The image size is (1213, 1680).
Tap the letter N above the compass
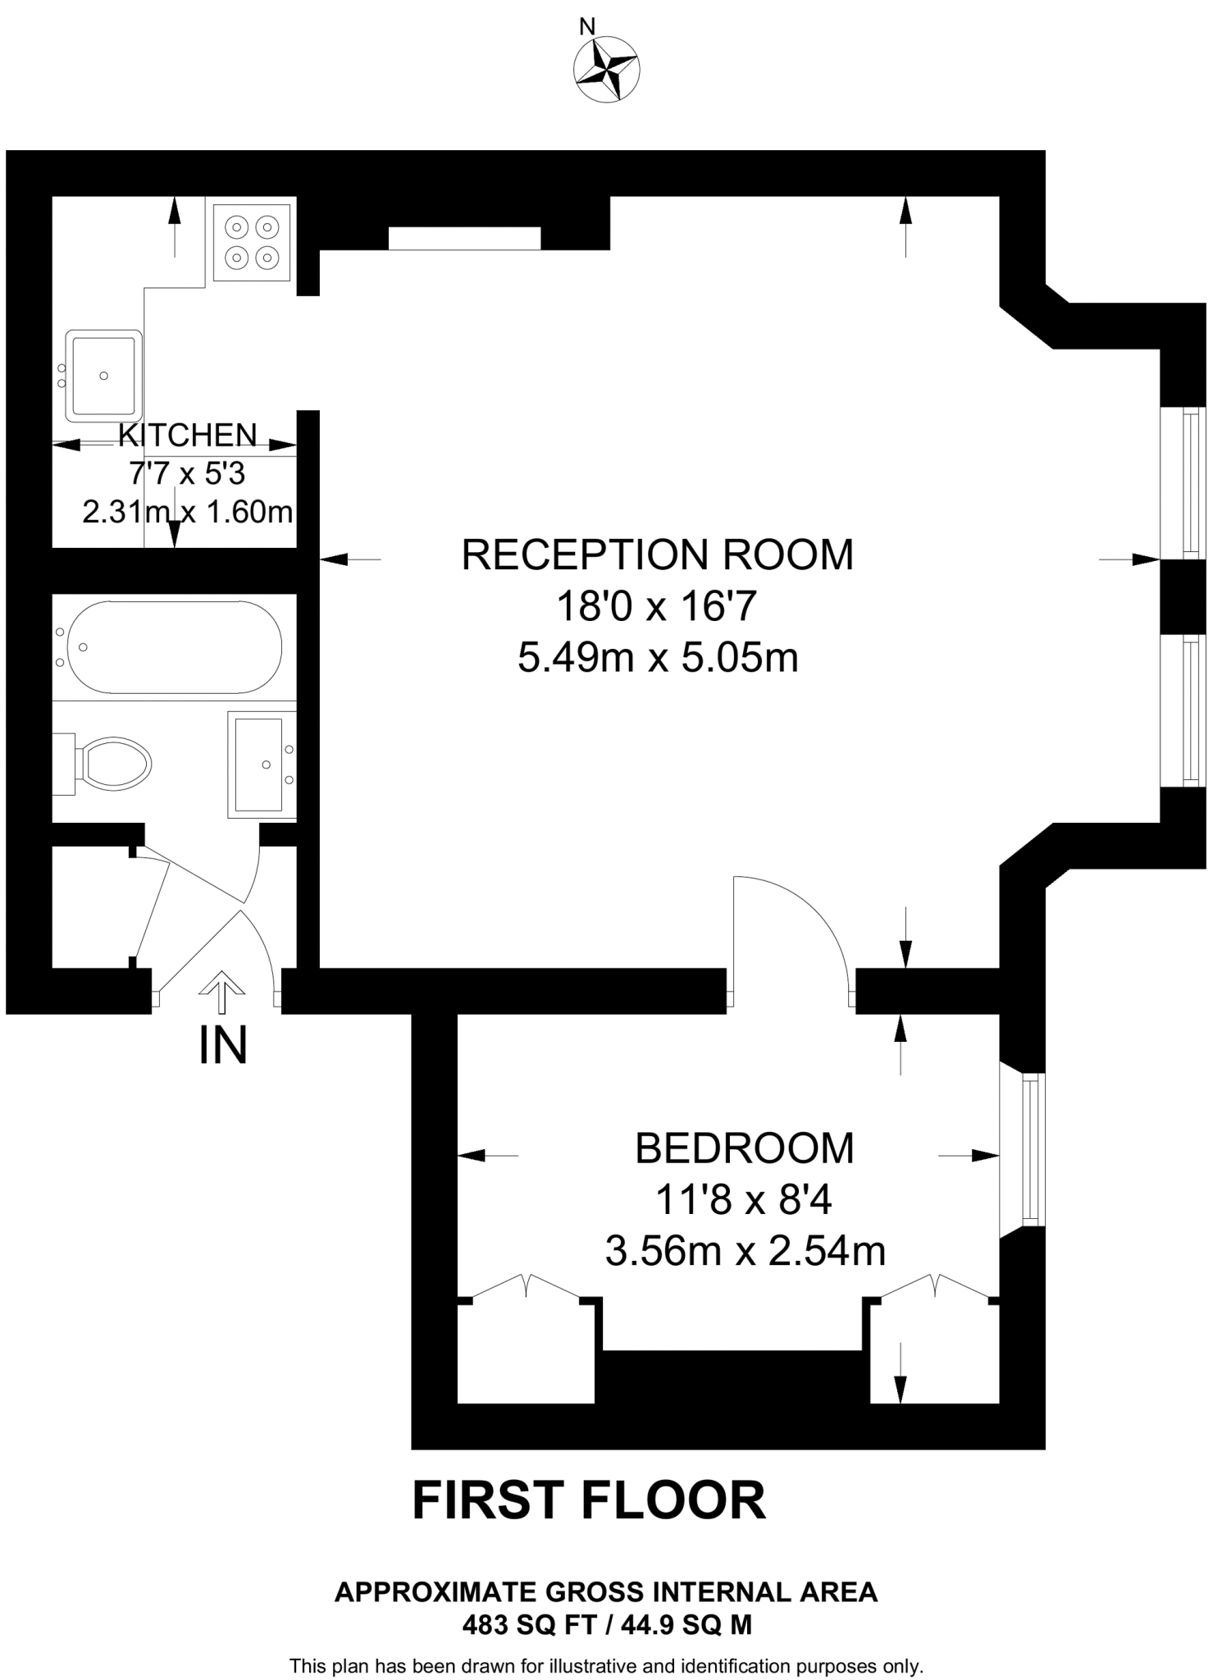point(587,26)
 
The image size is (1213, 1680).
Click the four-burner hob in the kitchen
point(251,243)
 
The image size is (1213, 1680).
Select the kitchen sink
point(103,375)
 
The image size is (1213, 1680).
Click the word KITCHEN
point(188,436)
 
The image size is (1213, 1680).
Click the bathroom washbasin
point(259,765)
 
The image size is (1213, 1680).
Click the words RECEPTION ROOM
point(657,555)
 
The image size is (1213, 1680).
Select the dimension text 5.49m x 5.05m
point(658,658)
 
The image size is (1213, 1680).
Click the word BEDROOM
point(744,1148)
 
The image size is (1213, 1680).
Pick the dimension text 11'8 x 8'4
point(743,1201)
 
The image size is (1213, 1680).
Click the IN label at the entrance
point(223,1046)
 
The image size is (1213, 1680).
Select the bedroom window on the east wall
point(1030,1149)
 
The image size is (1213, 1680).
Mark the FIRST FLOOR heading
point(588,1501)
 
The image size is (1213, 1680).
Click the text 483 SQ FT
point(520,1625)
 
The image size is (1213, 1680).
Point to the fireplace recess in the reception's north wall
point(464,238)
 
